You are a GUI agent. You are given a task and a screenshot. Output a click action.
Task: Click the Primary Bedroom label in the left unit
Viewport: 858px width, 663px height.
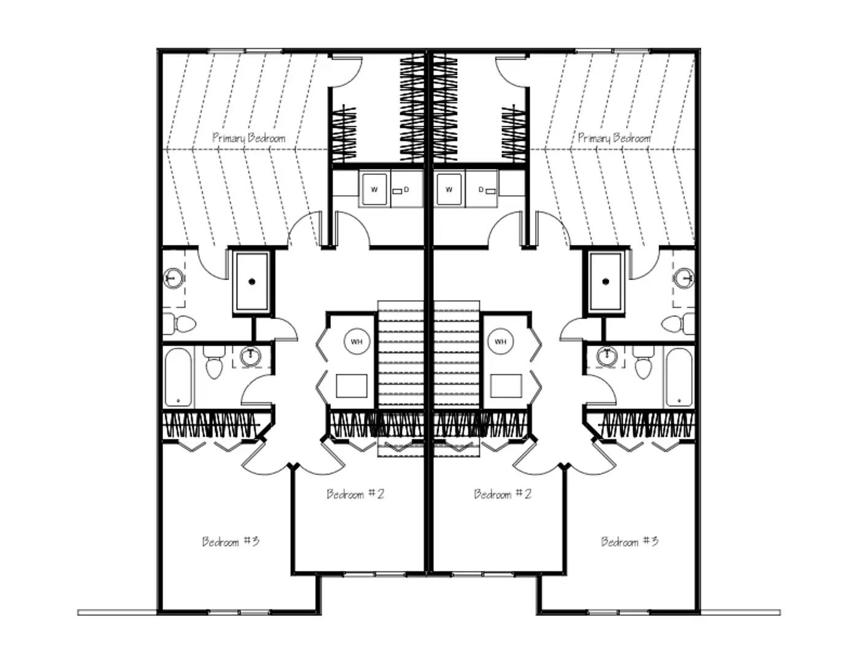click(x=249, y=138)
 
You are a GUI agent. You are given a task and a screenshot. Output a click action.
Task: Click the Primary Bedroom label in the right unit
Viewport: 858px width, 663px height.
click(x=614, y=138)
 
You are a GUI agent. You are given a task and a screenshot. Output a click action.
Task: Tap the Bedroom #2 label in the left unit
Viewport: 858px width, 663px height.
click(x=355, y=494)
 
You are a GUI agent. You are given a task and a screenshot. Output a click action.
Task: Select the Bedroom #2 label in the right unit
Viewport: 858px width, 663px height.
click(x=502, y=494)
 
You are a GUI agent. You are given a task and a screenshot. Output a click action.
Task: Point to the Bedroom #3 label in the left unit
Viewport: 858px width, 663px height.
click(x=231, y=541)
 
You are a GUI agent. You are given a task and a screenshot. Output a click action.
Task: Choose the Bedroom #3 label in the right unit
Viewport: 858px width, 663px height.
click(x=630, y=541)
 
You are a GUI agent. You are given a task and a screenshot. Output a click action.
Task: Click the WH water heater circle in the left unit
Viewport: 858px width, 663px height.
click(x=357, y=341)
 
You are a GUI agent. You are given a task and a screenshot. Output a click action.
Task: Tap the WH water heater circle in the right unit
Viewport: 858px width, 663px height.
click(x=500, y=341)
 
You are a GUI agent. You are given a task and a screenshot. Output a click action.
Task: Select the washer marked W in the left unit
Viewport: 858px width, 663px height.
click(x=374, y=189)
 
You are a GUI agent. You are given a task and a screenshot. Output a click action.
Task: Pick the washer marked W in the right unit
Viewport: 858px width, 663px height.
click(x=449, y=189)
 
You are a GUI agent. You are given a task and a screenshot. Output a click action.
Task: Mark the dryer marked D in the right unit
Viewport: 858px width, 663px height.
click(x=482, y=189)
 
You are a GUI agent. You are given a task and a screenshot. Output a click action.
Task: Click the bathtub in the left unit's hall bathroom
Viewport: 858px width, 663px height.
click(x=179, y=378)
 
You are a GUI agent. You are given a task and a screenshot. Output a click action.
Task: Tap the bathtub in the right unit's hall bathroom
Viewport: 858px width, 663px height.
click(x=679, y=378)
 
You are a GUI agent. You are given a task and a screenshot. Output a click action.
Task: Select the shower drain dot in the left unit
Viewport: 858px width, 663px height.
click(x=252, y=282)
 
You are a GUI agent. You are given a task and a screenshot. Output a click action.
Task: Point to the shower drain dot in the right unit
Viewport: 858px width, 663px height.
click(x=605, y=282)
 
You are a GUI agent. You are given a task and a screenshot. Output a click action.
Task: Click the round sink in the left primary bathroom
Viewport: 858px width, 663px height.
click(x=173, y=278)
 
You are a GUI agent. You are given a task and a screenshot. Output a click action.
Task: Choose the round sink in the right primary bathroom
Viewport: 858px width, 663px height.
click(x=684, y=278)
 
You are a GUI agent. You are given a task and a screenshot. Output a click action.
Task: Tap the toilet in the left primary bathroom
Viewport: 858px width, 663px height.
click(x=180, y=324)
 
